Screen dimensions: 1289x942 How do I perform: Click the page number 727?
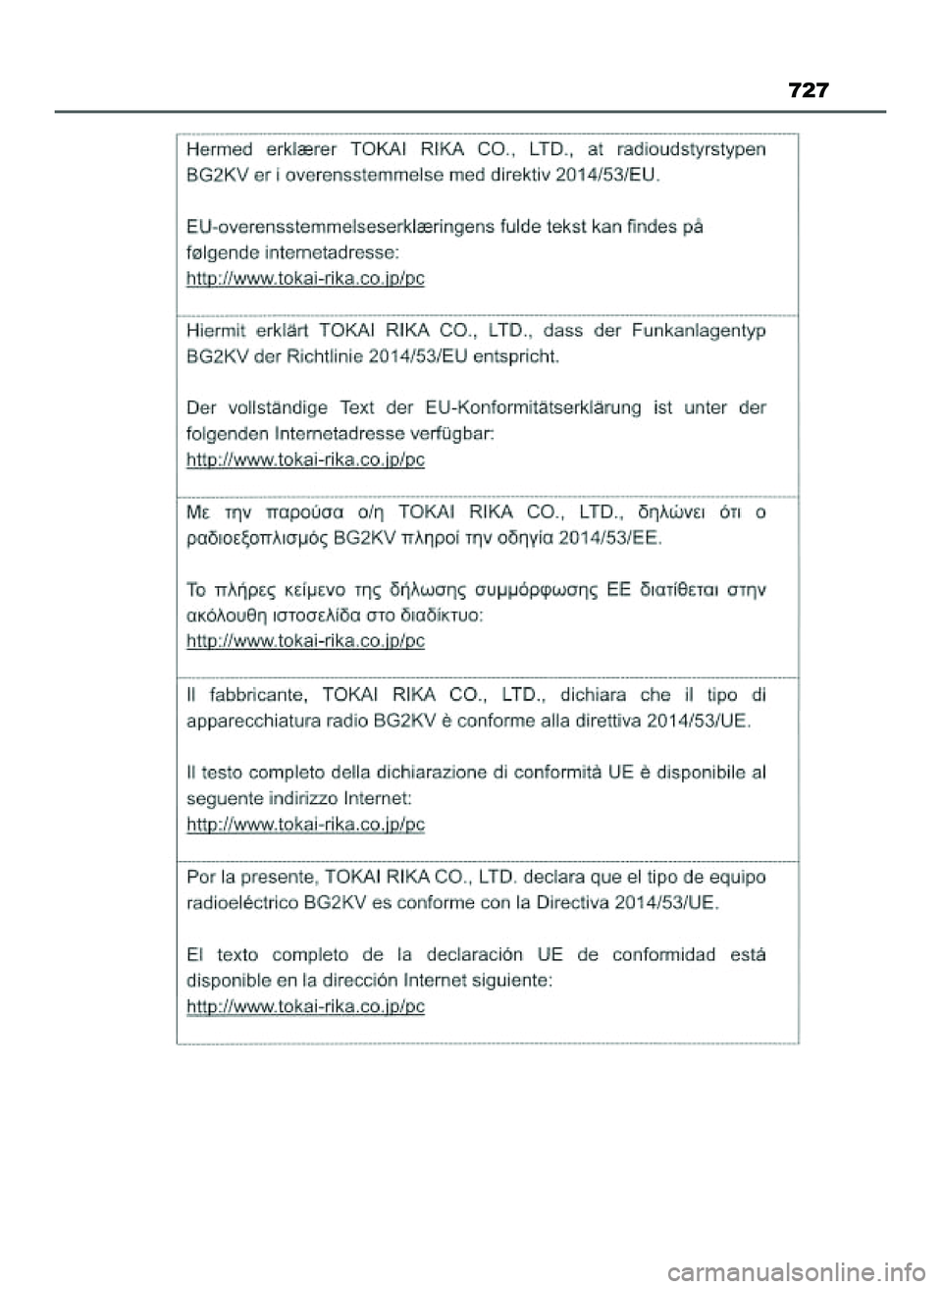coord(809,91)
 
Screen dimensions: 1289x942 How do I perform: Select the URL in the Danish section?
coord(305,278)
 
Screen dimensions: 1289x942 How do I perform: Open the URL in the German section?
coord(305,458)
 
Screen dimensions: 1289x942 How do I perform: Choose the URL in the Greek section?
coord(305,641)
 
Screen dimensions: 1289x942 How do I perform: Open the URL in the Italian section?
coord(305,825)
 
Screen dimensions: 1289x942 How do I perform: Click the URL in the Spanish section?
coord(305,1006)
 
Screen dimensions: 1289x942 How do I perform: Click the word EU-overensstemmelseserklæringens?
coord(340,226)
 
